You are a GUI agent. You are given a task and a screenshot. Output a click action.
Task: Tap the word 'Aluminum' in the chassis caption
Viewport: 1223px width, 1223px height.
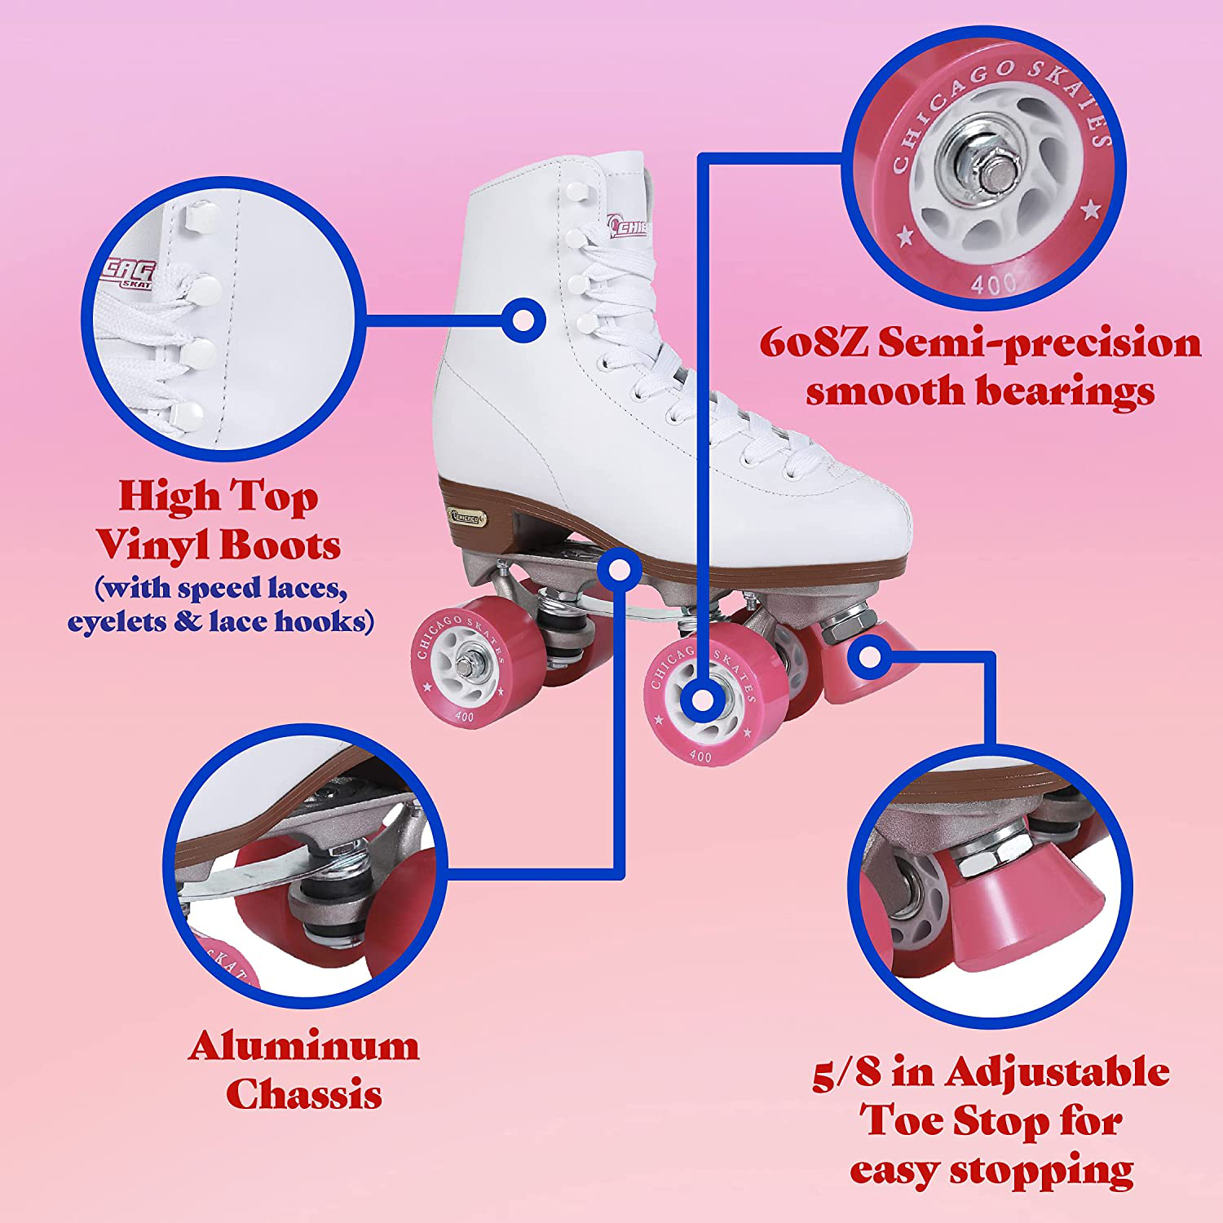[303, 1046]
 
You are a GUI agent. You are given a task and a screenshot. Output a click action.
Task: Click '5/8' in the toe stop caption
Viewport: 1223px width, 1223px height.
[846, 1073]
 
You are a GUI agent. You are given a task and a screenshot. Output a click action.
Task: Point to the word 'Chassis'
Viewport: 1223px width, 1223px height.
[303, 1094]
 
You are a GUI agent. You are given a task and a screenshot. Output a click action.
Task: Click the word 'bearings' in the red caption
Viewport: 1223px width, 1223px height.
[1065, 391]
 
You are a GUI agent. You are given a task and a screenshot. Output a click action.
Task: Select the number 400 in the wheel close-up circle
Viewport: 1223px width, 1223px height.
[993, 283]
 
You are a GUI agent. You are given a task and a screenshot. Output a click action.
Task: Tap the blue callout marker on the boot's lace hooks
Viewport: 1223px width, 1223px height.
[523, 320]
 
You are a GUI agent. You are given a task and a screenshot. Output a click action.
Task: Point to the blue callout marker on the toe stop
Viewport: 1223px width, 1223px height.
[870, 656]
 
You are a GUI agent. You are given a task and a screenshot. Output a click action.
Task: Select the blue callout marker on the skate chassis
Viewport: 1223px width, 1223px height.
[620, 569]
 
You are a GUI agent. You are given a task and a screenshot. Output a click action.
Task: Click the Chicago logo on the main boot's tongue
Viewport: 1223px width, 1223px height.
[629, 227]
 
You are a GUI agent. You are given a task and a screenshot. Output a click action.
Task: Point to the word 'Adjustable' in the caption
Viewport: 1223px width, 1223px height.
[1057, 1073]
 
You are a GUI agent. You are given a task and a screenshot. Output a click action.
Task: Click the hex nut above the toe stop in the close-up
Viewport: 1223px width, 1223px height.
[991, 856]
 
